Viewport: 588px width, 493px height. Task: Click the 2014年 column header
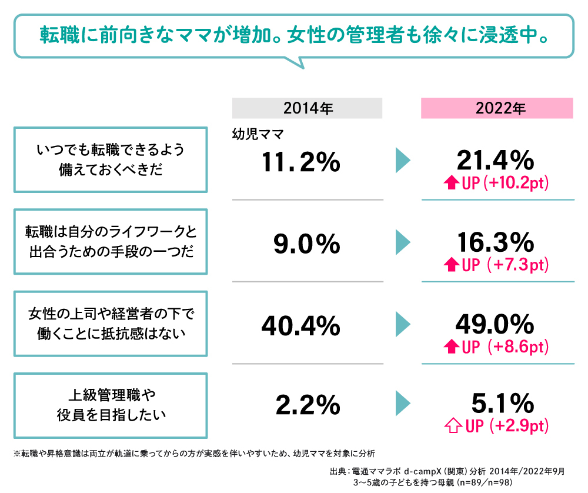pos(308,108)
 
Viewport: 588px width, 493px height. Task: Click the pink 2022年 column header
pos(497,108)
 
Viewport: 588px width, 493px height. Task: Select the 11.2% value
pos(302,162)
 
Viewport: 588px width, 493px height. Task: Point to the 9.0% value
pos(307,244)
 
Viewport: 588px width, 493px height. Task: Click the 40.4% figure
pos(301,325)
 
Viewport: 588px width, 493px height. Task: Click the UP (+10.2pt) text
pos(505,184)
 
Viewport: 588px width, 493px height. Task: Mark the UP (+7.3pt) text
pos(505,265)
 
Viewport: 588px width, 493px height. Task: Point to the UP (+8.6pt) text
pos(505,347)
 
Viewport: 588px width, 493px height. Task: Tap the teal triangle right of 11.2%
pos(403,161)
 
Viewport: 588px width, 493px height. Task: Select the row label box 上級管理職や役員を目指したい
pos(111,405)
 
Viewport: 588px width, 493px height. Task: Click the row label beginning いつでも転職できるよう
pos(111,159)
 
